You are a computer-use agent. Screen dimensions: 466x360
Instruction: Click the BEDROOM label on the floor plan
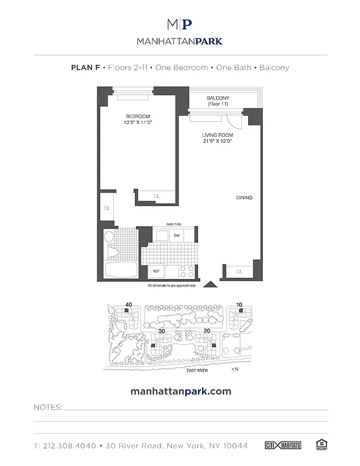137,116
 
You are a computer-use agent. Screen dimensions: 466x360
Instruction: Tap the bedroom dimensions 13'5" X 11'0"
137,123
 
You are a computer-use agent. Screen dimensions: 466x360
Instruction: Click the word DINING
244,198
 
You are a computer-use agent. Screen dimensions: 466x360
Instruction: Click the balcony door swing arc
234,121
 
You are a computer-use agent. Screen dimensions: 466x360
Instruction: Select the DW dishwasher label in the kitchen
176,235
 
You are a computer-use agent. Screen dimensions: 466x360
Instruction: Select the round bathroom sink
109,236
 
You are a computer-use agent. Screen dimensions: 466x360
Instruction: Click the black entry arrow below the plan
210,284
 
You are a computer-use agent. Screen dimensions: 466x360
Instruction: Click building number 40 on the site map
129,304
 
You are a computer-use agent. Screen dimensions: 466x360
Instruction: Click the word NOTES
48,407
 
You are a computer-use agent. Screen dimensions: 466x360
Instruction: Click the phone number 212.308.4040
66,446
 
